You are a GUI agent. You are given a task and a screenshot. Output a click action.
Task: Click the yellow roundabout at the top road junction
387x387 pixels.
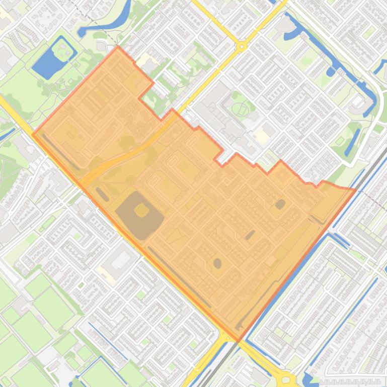[x=242, y=47]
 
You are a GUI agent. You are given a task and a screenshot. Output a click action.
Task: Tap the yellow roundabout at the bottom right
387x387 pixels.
[x=287, y=379]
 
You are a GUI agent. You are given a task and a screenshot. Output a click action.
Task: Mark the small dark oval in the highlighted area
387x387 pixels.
[x=217, y=263]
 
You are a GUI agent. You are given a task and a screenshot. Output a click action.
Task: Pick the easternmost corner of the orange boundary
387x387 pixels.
[x=355, y=190]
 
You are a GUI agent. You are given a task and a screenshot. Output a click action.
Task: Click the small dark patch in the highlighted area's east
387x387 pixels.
[x=280, y=204]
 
